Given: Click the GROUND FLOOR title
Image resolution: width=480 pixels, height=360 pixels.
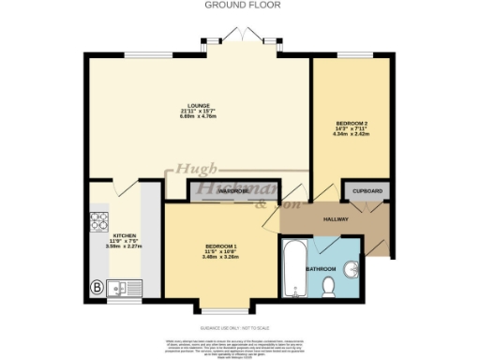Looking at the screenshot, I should [x=233, y=5].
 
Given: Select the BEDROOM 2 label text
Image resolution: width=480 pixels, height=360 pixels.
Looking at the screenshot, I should [x=352, y=124].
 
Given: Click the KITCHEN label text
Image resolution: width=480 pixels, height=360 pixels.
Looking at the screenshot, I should [x=125, y=235].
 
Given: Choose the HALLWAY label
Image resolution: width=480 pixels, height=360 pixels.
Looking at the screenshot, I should [x=337, y=219].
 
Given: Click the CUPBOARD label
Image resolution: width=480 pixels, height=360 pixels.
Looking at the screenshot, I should [x=368, y=191].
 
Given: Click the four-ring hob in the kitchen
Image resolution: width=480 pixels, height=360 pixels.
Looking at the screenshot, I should [x=99, y=223].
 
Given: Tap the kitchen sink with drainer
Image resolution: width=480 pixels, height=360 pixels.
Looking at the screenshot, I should [x=124, y=288].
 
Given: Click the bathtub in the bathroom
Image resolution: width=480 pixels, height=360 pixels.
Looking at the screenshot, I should [x=292, y=268].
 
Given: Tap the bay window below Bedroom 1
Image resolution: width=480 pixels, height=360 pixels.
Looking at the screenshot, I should [x=221, y=308].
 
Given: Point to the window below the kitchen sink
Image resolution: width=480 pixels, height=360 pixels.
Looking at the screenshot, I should [x=123, y=302].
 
